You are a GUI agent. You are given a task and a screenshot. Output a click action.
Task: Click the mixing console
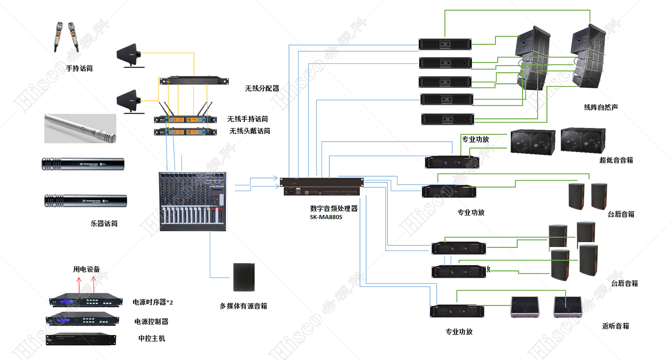coord(192,202)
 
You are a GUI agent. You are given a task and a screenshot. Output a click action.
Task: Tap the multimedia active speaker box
coord(243,277)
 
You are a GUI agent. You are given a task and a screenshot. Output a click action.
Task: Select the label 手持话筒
coord(79,69)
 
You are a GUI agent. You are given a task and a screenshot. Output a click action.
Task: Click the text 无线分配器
coord(262,88)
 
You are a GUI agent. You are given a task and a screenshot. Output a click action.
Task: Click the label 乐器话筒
coord(104,223)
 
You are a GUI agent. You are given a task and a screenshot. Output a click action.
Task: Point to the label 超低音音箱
coord(616,160)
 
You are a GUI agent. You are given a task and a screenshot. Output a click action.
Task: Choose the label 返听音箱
coord(615,326)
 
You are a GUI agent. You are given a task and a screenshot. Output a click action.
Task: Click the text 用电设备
coord(86,269)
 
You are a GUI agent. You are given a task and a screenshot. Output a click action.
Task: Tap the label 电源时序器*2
coord(153,302)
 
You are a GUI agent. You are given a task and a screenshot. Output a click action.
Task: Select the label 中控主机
coord(152,338)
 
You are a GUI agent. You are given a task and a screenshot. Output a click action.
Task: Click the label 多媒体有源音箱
coord(243,306)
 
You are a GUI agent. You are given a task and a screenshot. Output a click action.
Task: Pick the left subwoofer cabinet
coord(532,142)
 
